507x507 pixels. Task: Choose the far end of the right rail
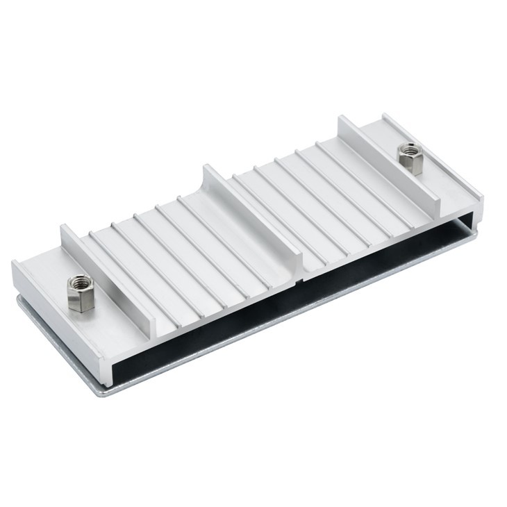pyautogui.click(x=344, y=120)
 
